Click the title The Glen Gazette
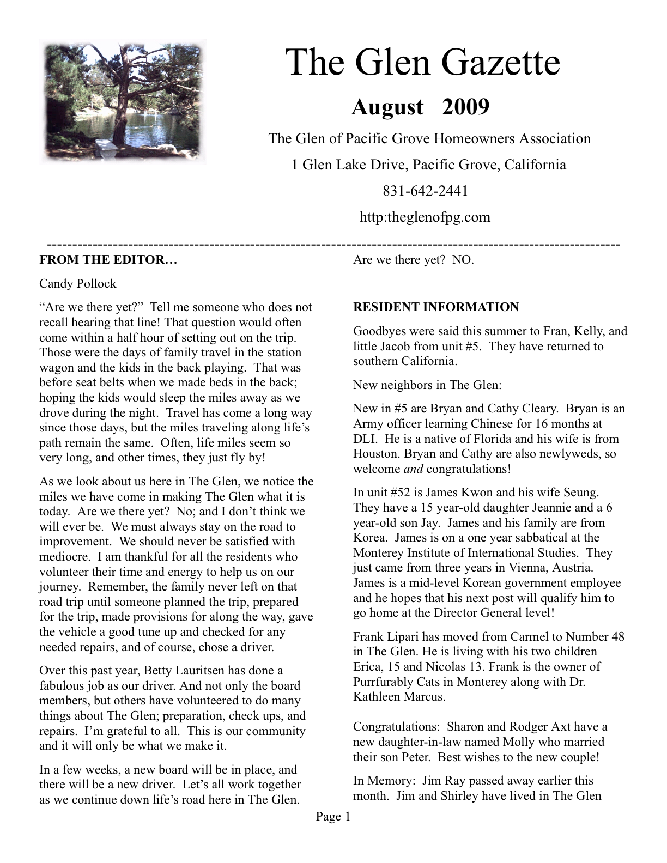(x=423, y=63)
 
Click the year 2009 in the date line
(x=465, y=107)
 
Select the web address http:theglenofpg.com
(x=425, y=217)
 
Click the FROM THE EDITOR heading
(x=108, y=260)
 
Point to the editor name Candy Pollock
(x=77, y=284)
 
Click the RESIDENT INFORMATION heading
(x=436, y=307)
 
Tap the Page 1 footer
(x=333, y=816)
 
